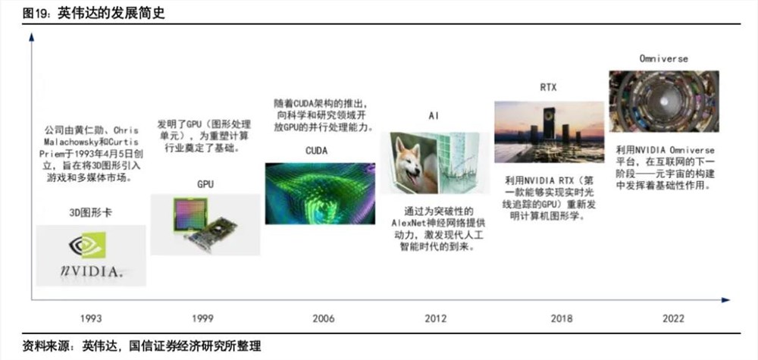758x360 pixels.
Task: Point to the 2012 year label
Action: (435, 319)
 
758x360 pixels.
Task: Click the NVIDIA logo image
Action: (91, 255)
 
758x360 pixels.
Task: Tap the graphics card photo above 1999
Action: (205, 224)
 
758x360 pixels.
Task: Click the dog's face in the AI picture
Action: (414, 164)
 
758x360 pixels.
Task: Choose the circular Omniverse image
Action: (664, 100)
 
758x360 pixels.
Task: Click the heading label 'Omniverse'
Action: (664, 58)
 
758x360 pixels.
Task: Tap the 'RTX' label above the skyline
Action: (548, 87)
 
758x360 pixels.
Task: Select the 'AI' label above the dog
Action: (434, 116)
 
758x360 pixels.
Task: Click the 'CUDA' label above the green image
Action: (316, 151)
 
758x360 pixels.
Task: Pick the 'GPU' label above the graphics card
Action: (205, 183)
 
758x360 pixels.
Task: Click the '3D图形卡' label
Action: (90, 214)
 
